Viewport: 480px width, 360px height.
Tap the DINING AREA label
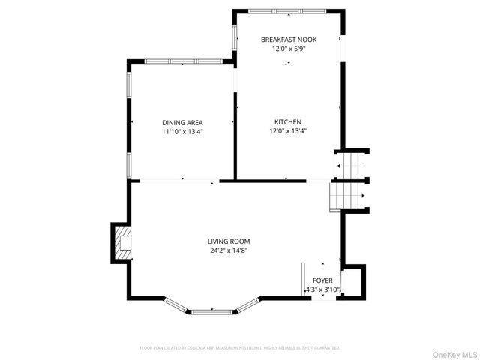point(182,122)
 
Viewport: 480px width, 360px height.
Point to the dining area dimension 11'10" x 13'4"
point(182,131)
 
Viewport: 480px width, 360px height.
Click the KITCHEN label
point(287,122)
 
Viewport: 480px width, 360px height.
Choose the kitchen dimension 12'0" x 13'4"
point(287,131)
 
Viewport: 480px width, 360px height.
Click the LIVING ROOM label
point(229,241)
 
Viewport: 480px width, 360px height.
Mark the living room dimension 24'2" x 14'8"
point(229,250)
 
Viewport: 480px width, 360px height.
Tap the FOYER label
point(323,280)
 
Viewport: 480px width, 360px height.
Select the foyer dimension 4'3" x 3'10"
point(323,289)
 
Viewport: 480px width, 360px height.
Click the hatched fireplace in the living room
point(121,243)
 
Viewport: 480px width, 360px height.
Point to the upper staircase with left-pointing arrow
point(349,166)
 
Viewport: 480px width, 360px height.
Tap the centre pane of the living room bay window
point(213,310)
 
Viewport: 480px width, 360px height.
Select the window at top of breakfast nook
point(287,10)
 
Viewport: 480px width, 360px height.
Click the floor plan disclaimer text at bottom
point(240,348)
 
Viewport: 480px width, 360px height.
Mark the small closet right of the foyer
point(353,281)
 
